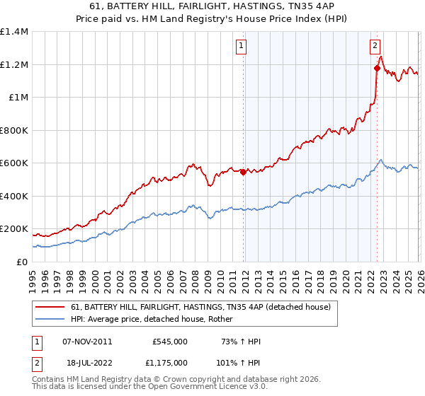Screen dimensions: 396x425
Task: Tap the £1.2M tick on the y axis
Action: coord(14,64)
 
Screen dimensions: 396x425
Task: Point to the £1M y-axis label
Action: coord(17,98)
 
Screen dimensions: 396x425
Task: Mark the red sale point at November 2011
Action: coord(243,172)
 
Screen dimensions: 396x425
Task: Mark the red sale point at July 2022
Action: coord(376,69)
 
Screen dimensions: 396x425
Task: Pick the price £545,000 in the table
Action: coord(169,342)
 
